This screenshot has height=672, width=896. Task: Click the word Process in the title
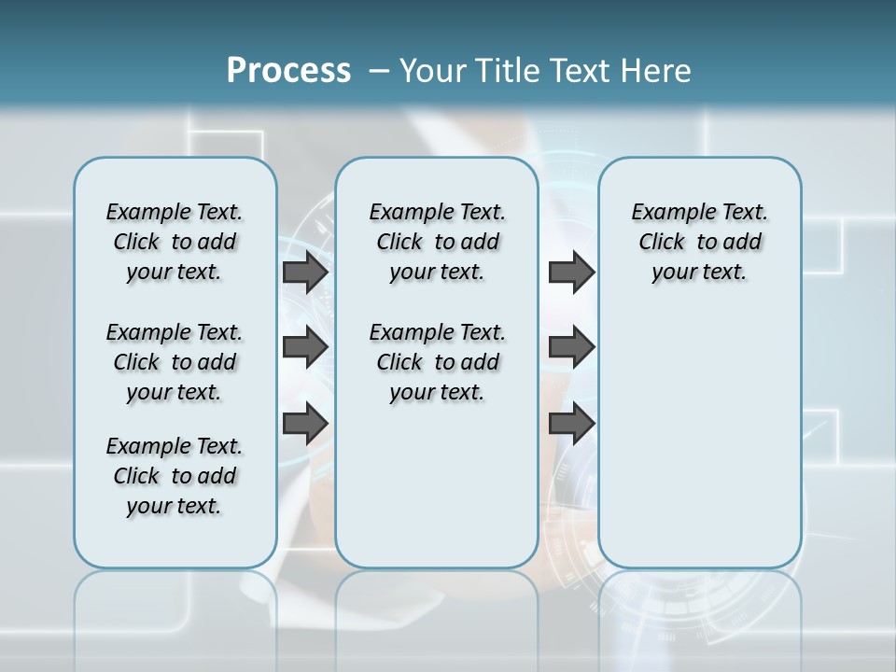pos(288,71)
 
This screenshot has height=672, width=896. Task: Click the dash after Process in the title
pos(379,71)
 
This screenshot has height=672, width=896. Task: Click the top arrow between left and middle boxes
pos(305,273)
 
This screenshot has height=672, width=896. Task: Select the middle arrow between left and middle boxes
pos(305,348)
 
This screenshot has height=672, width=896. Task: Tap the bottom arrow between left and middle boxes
pos(305,423)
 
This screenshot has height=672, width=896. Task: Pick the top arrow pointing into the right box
pos(571,273)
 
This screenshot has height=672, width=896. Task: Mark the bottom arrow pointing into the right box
pos(571,423)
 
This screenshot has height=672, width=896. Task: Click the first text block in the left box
pos(175,242)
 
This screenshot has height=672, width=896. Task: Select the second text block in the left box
pos(175,362)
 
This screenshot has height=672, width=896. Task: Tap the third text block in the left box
pos(175,476)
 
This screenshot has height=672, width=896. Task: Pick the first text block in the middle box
pos(437,242)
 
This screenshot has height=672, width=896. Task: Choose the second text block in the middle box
pos(437,362)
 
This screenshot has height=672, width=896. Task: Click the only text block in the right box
pos(699,242)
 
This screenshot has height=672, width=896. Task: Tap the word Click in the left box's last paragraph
pos(136,476)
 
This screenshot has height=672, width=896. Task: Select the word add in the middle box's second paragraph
pos(481,362)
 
